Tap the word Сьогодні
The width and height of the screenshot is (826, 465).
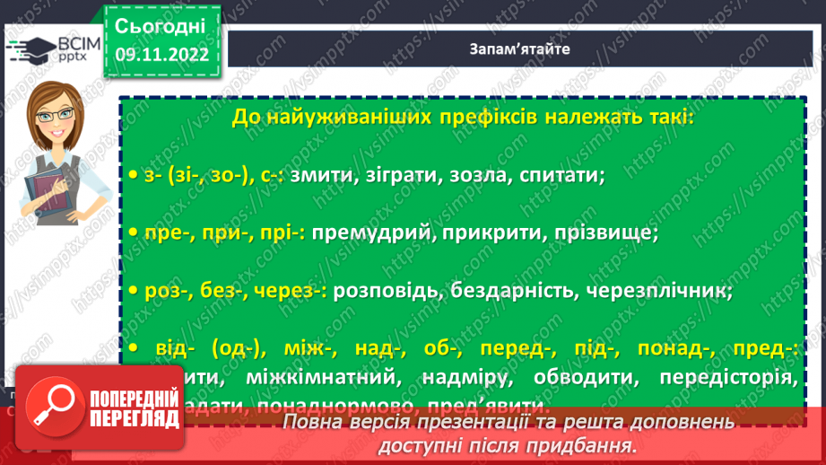pos(161,24)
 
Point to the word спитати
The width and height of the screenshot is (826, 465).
pos(561,175)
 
